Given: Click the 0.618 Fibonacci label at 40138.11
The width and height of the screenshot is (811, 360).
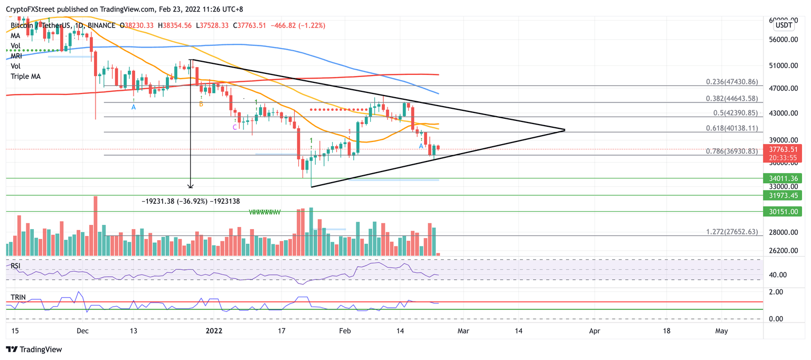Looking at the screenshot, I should (x=732, y=128).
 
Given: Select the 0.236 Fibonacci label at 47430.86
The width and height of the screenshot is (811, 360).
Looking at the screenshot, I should (x=732, y=82).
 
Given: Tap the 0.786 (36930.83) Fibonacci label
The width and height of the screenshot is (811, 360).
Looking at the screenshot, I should (x=732, y=151).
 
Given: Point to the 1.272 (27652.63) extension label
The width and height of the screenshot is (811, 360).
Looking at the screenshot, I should (x=732, y=232).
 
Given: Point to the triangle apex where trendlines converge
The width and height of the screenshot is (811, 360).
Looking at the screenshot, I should (x=565, y=130).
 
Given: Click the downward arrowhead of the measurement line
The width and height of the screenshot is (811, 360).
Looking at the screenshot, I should (x=191, y=186).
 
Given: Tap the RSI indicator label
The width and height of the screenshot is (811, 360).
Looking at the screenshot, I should (x=16, y=266).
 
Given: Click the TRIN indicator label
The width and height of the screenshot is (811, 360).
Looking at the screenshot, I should (x=17, y=298).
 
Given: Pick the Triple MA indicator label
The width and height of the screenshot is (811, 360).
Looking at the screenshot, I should (x=25, y=77).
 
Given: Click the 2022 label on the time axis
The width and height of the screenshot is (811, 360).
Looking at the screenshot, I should (x=214, y=330).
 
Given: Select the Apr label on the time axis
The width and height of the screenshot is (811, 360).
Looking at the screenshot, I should (x=595, y=330).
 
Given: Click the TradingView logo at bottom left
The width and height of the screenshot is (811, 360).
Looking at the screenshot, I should (x=34, y=349).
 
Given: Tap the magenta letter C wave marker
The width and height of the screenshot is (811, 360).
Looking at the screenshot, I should (x=234, y=127).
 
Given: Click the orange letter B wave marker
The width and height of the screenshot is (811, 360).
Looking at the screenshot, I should (x=201, y=105).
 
